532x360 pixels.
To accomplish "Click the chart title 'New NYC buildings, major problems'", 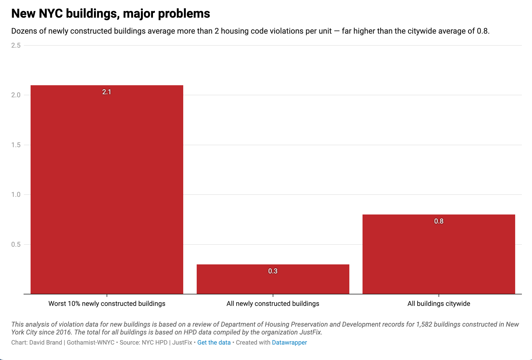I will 111,13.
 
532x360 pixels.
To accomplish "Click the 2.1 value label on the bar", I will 107,92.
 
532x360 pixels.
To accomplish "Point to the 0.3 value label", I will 273,271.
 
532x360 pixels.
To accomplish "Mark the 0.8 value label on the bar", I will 439,221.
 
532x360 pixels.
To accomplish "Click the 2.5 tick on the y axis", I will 16,45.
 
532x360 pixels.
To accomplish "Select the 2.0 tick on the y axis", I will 16,95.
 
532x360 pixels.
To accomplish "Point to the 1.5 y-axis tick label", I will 16,145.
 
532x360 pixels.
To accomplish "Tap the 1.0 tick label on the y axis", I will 16,195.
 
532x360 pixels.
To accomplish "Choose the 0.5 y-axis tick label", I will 16,244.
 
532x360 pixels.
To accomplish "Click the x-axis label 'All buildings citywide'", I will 439,304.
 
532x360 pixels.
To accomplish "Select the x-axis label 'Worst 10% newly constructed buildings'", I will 107,304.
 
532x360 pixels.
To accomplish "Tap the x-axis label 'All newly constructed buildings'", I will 273,304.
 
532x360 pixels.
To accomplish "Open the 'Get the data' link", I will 214,343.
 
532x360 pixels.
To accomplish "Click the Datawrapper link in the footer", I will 289,343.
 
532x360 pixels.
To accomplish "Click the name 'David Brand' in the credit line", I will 45,343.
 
